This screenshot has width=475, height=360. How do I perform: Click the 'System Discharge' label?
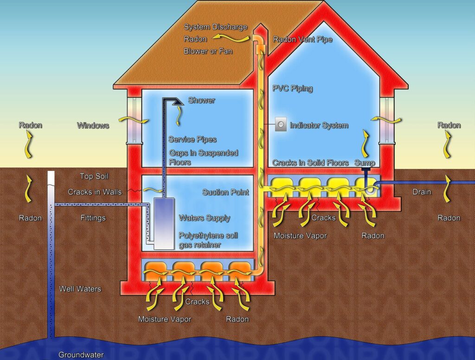[216, 27]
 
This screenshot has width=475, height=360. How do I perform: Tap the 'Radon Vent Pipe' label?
[302, 39]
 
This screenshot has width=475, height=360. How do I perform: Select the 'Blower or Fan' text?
[208, 51]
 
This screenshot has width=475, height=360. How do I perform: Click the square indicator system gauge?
[281, 124]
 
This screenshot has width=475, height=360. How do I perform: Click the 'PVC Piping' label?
[293, 89]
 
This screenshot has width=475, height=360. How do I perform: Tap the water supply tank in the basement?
[164, 224]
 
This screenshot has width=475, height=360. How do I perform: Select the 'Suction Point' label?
[226, 192]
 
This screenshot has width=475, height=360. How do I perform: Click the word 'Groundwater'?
[81, 355]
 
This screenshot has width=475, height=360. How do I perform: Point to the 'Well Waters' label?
[80, 289]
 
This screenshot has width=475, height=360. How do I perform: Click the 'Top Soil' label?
[94, 176]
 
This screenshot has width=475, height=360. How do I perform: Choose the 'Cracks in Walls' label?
[95, 192]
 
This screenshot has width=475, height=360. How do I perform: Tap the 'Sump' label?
[365, 163]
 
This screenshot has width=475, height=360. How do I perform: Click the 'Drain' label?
[422, 192]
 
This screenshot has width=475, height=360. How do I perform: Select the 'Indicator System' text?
[319, 125]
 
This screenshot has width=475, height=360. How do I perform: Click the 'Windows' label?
[93, 125]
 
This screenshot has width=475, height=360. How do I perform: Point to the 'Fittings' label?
[93, 218]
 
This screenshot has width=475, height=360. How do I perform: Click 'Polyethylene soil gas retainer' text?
[208, 240]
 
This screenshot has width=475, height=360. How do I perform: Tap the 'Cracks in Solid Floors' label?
[310, 163]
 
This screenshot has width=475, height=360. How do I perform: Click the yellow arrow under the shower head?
[179, 116]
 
